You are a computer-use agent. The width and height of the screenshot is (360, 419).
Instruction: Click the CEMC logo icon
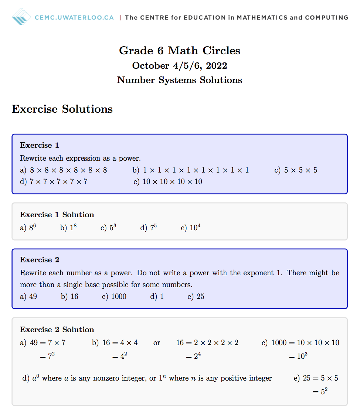point(21,17)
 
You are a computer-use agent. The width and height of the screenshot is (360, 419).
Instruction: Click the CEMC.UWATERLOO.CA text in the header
point(74,17)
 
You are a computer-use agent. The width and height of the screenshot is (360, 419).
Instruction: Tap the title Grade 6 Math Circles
point(180,51)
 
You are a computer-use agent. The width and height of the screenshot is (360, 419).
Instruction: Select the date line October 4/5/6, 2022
point(180,66)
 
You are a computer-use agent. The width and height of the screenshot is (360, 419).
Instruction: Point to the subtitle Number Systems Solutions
point(180,80)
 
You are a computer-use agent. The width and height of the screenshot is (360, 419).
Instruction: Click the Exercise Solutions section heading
point(62,109)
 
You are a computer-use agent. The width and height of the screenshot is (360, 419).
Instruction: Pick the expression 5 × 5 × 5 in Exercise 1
point(300,170)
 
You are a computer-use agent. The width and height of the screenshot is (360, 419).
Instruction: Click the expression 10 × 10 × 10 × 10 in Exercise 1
point(172,181)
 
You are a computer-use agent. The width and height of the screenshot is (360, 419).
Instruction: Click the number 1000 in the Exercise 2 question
point(119,296)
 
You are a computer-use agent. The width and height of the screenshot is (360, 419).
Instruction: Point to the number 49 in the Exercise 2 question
point(33,296)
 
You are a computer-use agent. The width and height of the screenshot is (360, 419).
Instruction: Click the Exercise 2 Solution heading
point(57,330)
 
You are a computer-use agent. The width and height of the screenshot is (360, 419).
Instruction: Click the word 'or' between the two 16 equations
point(157,343)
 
